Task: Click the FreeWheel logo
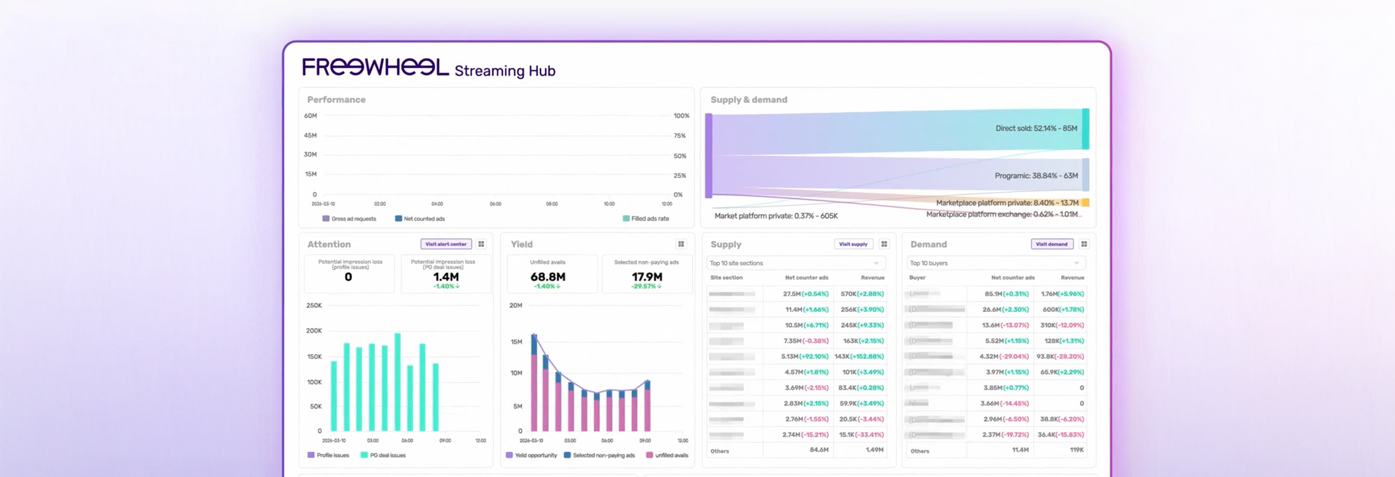(x=376, y=67)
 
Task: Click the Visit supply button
(x=853, y=244)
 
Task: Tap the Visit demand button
(x=1052, y=244)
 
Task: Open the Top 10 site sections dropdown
(x=795, y=263)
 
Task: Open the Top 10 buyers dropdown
(x=996, y=263)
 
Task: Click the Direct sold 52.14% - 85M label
(x=1036, y=128)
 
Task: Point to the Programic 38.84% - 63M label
(x=1036, y=176)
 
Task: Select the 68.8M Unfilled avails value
(x=547, y=277)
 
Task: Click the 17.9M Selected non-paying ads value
(x=647, y=277)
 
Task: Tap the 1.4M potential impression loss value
(x=445, y=277)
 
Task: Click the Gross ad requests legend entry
(x=349, y=219)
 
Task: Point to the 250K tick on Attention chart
(x=314, y=305)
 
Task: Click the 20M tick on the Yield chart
(x=516, y=305)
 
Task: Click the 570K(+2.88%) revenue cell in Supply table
(x=862, y=294)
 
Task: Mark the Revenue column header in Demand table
(x=1072, y=278)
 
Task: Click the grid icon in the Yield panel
(x=681, y=244)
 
